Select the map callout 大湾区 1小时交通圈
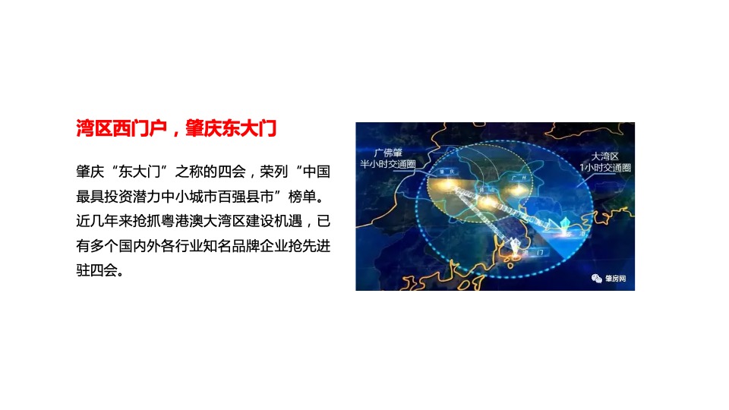605,161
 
